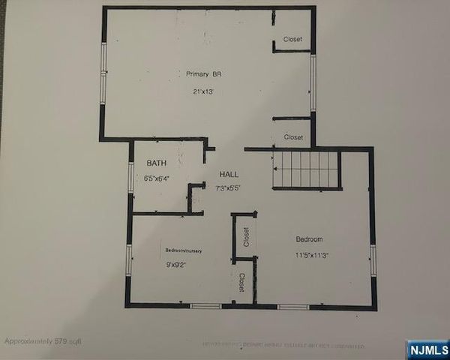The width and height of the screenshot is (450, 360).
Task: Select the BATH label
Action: pyautogui.click(x=156, y=163)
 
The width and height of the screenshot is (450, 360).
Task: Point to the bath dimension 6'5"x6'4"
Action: pyautogui.click(x=157, y=179)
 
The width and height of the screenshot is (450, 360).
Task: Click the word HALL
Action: pyautogui.click(x=229, y=174)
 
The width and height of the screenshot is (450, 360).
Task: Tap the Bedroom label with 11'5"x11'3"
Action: pyautogui.click(x=309, y=239)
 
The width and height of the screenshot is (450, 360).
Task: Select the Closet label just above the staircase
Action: pyautogui.click(x=293, y=137)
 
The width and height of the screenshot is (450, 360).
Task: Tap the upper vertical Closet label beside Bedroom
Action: pyautogui.click(x=246, y=236)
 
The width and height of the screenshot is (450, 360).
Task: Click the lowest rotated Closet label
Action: pyautogui.click(x=241, y=283)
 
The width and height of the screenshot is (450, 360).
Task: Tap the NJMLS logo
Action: pyautogui.click(x=427, y=349)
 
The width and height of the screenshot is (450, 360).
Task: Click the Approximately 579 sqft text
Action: pyautogui.click(x=43, y=340)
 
